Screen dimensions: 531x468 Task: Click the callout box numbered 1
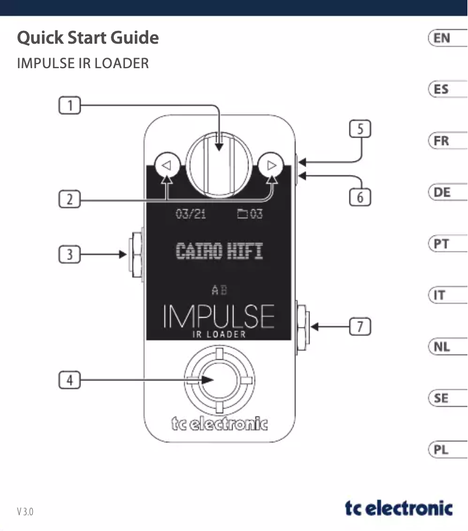69,106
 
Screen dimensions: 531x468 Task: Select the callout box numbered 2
69,200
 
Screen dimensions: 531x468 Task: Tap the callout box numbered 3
69,254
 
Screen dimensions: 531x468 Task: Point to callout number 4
69,381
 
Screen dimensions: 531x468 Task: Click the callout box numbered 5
360,129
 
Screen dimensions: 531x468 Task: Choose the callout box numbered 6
360,197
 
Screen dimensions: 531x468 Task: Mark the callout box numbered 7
360,327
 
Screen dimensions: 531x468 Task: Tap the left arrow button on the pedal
166,165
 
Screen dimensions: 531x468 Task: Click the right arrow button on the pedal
271,165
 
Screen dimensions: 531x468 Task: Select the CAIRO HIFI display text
219,252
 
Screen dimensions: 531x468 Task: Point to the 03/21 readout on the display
191,214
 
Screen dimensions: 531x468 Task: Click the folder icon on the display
242,214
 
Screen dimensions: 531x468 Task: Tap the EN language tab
446,38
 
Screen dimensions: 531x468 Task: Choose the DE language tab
446,192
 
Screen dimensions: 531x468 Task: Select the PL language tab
446,450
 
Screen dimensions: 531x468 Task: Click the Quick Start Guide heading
88,38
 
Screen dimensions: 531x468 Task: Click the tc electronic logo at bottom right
399,508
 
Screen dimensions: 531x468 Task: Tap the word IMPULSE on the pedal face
219,317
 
